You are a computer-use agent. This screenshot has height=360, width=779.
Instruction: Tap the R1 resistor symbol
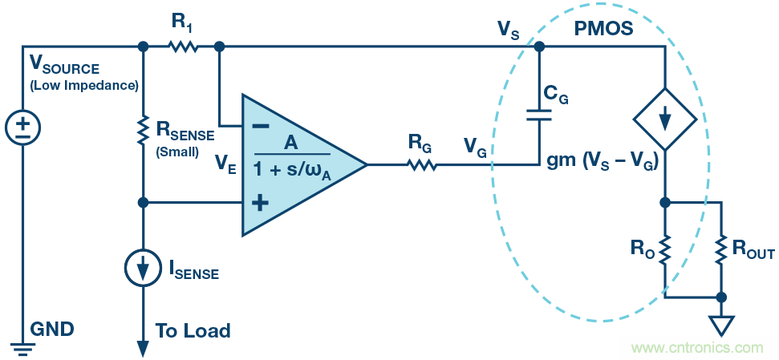click(182, 47)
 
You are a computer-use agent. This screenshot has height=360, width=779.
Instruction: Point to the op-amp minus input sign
click(258, 126)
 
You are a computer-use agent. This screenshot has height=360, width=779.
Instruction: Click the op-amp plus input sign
click(259, 203)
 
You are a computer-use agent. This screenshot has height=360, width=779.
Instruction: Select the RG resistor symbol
click(420, 165)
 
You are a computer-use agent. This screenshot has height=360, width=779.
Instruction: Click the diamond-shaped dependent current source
click(665, 121)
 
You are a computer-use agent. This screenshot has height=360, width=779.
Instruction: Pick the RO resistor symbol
click(665, 249)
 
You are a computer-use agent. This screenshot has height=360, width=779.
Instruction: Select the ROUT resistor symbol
click(722, 249)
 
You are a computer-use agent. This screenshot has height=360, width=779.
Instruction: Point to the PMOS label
click(603, 30)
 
